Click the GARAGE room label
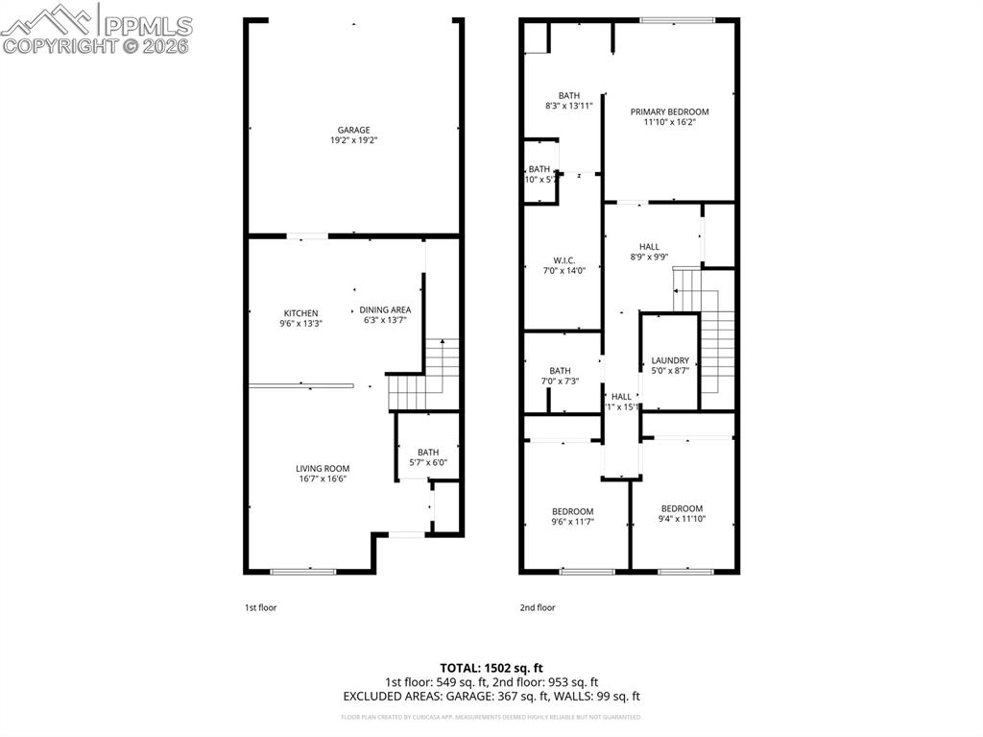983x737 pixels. (x=353, y=130)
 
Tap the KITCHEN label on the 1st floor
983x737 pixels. (x=300, y=313)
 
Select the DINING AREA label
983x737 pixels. (x=386, y=309)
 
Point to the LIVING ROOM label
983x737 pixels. (x=322, y=468)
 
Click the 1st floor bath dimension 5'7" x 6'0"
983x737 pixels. (x=427, y=463)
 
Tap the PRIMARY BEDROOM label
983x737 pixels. (x=669, y=111)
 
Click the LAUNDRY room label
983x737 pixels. (x=670, y=360)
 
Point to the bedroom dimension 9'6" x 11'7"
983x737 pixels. (x=572, y=522)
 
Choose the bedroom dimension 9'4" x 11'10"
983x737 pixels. (x=682, y=519)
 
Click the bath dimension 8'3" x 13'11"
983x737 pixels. (x=568, y=106)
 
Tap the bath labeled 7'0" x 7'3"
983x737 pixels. (x=560, y=381)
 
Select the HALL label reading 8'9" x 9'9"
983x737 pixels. (x=649, y=257)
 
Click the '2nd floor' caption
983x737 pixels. (x=538, y=607)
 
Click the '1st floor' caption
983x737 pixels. (x=260, y=607)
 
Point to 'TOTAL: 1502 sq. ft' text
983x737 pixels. (x=491, y=668)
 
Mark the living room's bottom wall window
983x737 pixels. (x=303, y=572)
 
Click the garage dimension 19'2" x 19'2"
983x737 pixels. (x=353, y=140)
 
